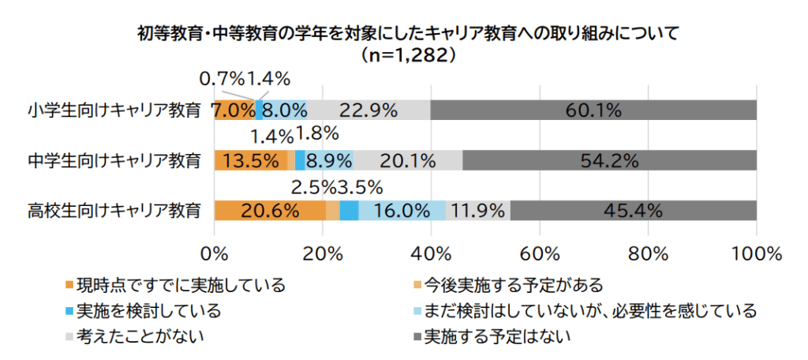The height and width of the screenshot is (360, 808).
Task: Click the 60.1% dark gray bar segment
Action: tap(593, 111)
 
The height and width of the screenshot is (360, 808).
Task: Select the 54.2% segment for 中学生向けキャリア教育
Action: tap(609, 160)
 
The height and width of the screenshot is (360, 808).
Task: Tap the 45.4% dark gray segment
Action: tap(633, 211)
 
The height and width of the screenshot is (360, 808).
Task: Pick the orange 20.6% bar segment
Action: tap(269, 211)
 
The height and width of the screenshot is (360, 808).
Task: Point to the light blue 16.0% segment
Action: tap(402, 211)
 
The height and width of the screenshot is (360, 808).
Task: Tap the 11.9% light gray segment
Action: tap(477, 211)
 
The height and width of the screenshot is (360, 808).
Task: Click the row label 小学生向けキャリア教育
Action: tap(114, 111)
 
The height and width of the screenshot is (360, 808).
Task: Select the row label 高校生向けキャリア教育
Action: tap(114, 211)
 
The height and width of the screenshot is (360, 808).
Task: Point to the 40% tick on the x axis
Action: tap(431, 254)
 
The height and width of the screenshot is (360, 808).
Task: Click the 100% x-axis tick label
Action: tap(756, 254)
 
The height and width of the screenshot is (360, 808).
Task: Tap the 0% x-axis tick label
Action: tap(215, 254)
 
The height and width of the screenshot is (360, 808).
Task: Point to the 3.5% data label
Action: tap(359, 187)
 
